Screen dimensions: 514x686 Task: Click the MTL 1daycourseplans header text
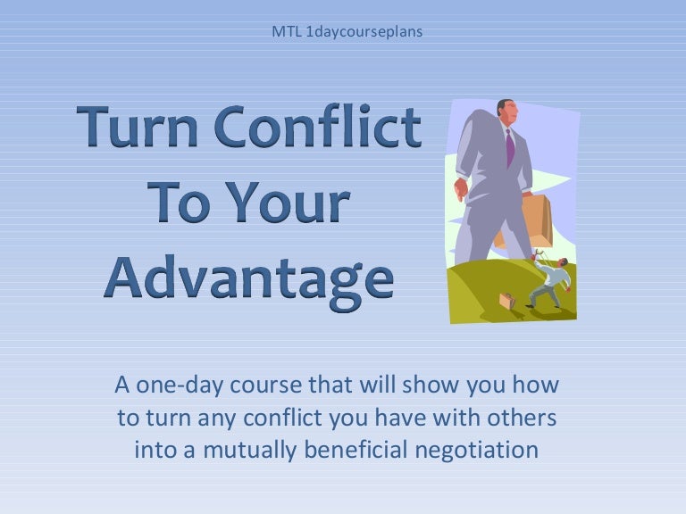[x=347, y=31]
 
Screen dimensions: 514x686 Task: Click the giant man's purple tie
[x=510, y=147]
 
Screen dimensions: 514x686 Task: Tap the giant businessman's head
[x=506, y=113]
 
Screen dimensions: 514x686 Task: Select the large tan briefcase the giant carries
[x=529, y=222]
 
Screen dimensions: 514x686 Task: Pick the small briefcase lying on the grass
[x=507, y=301]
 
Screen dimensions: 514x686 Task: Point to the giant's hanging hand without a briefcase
[x=461, y=188]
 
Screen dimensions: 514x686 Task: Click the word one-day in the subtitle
[x=180, y=386]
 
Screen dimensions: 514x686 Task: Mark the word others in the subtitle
[x=523, y=418]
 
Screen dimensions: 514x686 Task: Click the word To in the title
[x=182, y=203]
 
